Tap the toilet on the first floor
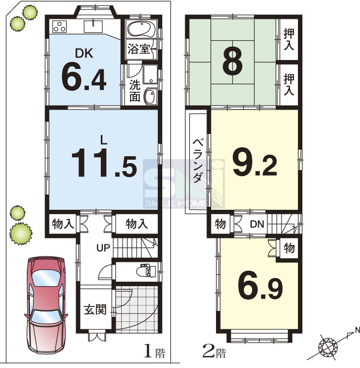(x=146, y=271)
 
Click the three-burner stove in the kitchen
(x=60, y=26)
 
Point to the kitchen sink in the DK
(x=93, y=26)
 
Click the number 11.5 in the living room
(x=104, y=163)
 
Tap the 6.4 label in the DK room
(x=84, y=76)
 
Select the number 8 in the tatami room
(x=233, y=61)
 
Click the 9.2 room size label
(x=255, y=162)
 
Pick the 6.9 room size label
(x=260, y=285)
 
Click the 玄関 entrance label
(x=95, y=309)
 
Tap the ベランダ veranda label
(x=198, y=161)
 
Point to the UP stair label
(x=103, y=247)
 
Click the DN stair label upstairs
(x=257, y=224)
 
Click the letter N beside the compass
(x=358, y=330)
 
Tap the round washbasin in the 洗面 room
(x=149, y=96)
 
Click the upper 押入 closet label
(x=289, y=39)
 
